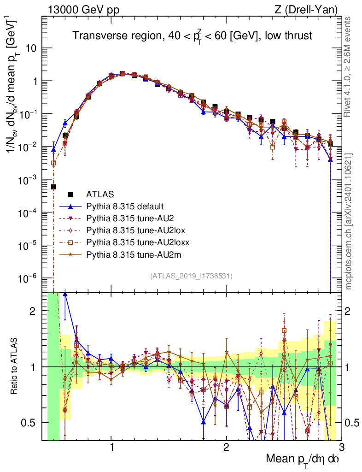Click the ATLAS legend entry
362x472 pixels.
[100, 194]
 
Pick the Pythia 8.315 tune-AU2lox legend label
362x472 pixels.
[132, 230]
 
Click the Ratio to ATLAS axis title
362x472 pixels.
[14, 366]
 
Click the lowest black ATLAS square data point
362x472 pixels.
[53, 187]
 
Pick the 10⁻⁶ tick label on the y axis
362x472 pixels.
[29, 278]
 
